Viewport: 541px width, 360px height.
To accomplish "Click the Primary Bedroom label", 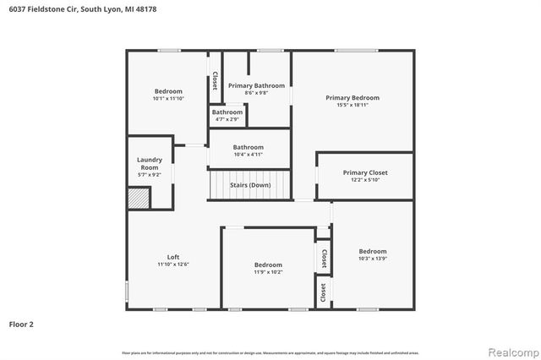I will (x=352, y=97).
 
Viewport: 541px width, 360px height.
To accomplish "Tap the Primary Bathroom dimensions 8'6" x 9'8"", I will (x=256, y=92).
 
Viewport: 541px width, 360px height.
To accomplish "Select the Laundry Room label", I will (x=150, y=163).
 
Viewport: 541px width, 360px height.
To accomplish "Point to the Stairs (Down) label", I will (x=251, y=184).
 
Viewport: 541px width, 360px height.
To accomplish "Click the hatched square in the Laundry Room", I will (x=138, y=198).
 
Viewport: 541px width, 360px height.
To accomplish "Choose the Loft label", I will (x=172, y=257).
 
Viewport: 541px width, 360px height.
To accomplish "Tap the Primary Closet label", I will (x=365, y=172).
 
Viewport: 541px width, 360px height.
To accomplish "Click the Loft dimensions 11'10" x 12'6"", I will (x=172, y=265).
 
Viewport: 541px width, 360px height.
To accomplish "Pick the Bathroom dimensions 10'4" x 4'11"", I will (x=249, y=154).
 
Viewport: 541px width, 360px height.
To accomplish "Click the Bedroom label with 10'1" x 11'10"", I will (x=167, y=90).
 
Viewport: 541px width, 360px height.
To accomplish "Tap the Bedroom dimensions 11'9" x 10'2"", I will (x=268, y=272).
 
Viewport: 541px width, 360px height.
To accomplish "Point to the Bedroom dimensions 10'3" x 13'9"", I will (x=372, y=259).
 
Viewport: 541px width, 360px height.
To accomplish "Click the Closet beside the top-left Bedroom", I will (x=215, y=80).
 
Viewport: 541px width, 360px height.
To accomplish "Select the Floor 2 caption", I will (x=21, y=323).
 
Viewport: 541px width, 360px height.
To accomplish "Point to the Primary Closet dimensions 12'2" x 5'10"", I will (x=365, y=180).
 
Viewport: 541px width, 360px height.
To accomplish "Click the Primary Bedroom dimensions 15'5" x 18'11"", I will (x=352, y=105).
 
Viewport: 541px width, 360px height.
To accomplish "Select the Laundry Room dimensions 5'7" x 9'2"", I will (x=150, y=175).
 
